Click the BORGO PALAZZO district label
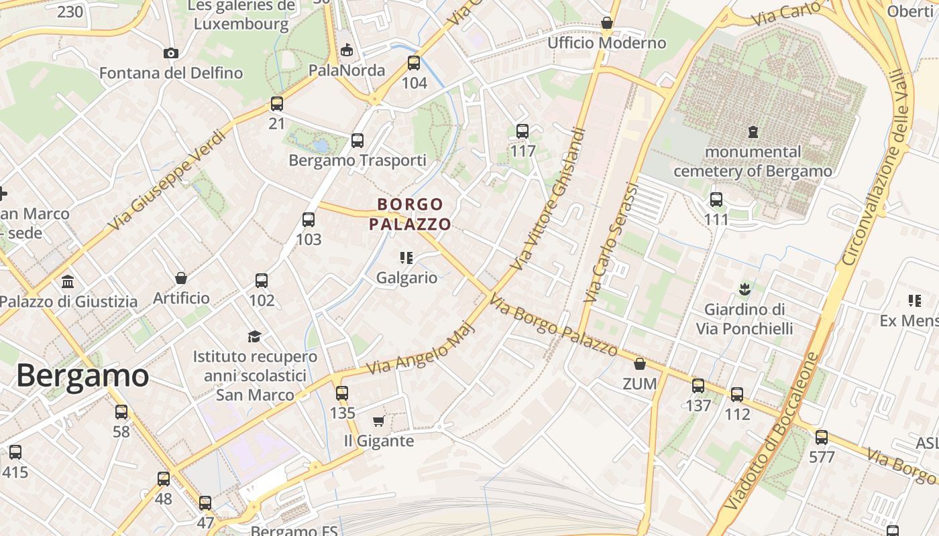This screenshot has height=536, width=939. [x=410, y=214]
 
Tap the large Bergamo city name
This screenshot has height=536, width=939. [x=82, y=376]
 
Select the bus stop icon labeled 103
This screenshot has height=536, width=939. [x=309, y=220]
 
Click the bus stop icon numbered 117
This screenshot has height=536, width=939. [x=522, y=131]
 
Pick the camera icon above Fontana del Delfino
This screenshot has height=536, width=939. [x=171, y=53]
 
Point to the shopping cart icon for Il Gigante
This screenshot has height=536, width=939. [x=378, y=421]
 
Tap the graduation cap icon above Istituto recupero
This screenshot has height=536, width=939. [x=254, y=336]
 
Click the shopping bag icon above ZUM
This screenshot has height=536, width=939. [x=640, y=364]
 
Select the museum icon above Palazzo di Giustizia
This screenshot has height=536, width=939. [x=68, y=281]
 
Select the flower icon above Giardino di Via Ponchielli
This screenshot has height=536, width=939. [x=744, y=289]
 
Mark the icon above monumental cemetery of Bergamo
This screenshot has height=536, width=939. [x=753, y=132]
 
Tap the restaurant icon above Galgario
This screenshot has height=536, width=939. [x=406, y=257]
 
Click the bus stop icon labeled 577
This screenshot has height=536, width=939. [x=822, y=438]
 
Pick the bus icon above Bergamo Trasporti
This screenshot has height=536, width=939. [x=357, y=141]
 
